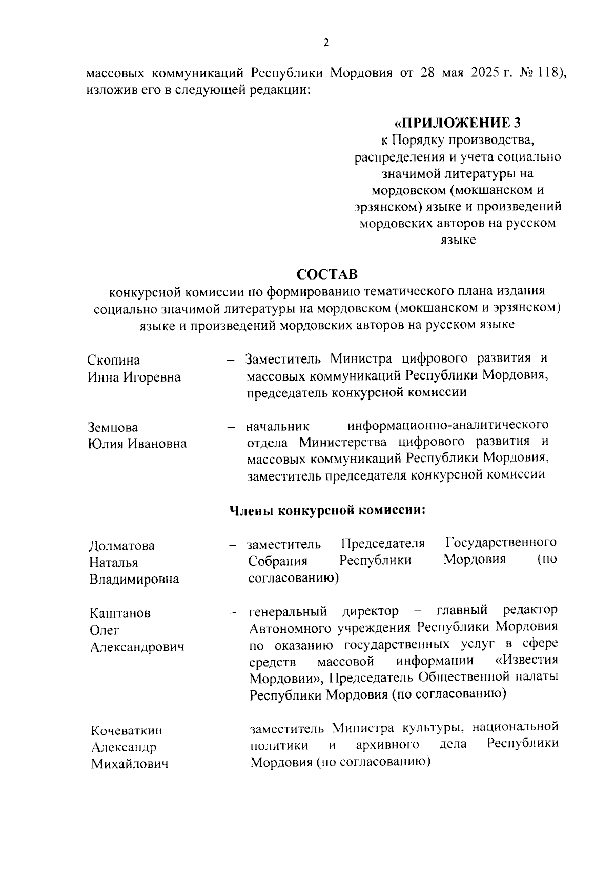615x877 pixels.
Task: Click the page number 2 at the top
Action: coord(326,43)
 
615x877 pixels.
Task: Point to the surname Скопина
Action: coord(113,360)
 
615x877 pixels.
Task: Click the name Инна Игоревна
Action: coord(134,377)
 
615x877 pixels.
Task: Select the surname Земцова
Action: coord(113,427)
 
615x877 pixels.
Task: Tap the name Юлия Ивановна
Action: coord(137,444)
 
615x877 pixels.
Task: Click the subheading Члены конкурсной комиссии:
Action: coord(328,510)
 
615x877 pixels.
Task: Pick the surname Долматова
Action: coord(122,546)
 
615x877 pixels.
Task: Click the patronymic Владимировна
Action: coord(134,579)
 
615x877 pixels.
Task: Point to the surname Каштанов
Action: coord(120,613)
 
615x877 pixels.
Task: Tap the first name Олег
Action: coord(105,630)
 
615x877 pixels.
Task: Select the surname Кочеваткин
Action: coord(127,730)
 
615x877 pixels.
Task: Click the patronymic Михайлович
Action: coord(130,764)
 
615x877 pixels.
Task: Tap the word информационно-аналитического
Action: coord(448,426)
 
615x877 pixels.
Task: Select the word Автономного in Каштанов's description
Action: coord(290,628)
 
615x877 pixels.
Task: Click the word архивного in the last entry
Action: coord(387,744)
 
